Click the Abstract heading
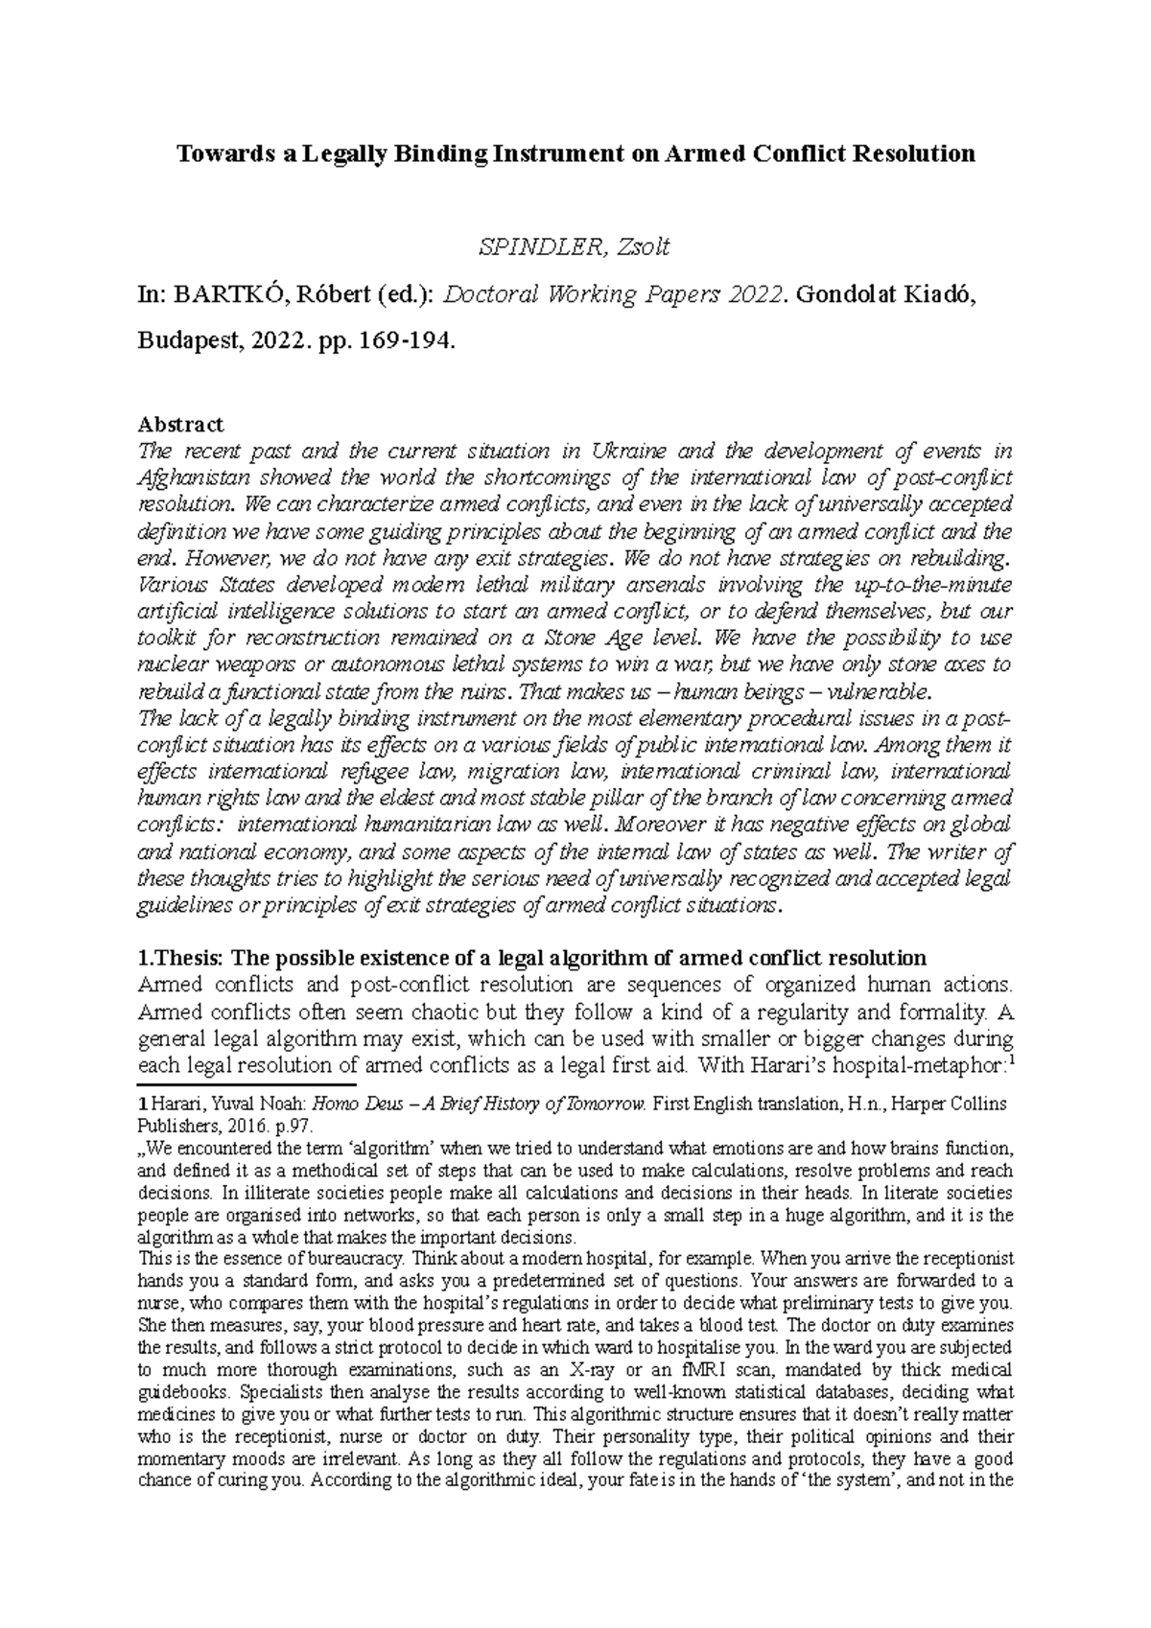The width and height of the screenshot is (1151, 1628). pos(180,424)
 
